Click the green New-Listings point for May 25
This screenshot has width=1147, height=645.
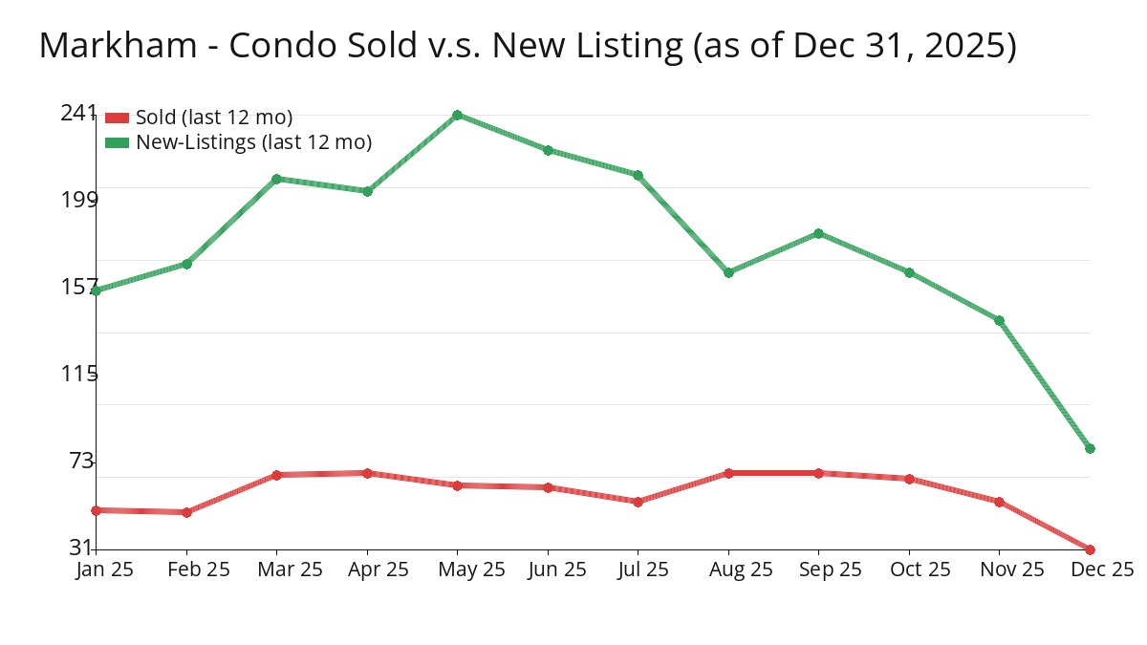pos(458,115)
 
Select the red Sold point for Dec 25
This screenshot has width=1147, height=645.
pos(1090,549)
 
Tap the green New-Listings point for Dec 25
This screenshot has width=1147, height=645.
pos(1090,448)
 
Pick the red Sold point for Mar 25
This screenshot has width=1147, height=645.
pos(276,475)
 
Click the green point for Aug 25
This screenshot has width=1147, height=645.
pos(728,272)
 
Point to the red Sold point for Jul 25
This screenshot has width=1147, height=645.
pos(638,501)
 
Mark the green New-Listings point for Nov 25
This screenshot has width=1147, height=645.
pos(999,320)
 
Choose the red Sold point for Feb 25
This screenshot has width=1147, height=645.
pos(186,512)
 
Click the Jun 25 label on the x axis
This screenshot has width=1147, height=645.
pos(558,570)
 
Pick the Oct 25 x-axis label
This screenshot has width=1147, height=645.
pos(920,570)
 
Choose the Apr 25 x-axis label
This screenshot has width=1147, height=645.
pos(378,570)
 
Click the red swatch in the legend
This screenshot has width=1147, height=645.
pos(117,118)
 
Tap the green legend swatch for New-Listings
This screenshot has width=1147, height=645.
pos(117,142)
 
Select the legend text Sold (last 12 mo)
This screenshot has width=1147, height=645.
pos(214,118)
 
